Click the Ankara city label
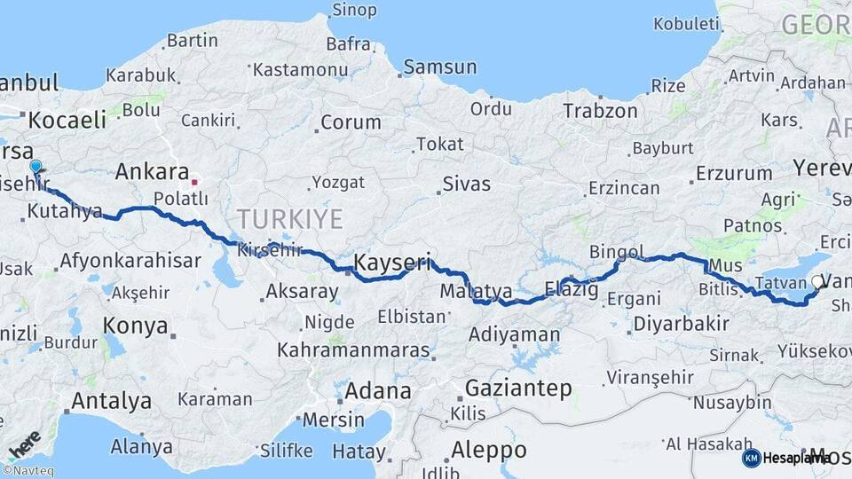coord(152,171)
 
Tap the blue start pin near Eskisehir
coord(35,167)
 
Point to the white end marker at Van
coord(816,282)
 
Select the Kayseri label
coord(392,263)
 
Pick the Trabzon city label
coord(600,111)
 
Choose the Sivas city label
coord(466,185)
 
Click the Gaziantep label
coord(518,388)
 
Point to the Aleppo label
coord(488,448)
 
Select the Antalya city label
coord(111,401)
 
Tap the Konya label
coord(135,326)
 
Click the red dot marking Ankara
coord(194,182)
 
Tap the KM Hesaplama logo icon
coord(751,458)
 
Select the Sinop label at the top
coord(353,11)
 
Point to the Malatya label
coord(476,290)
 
